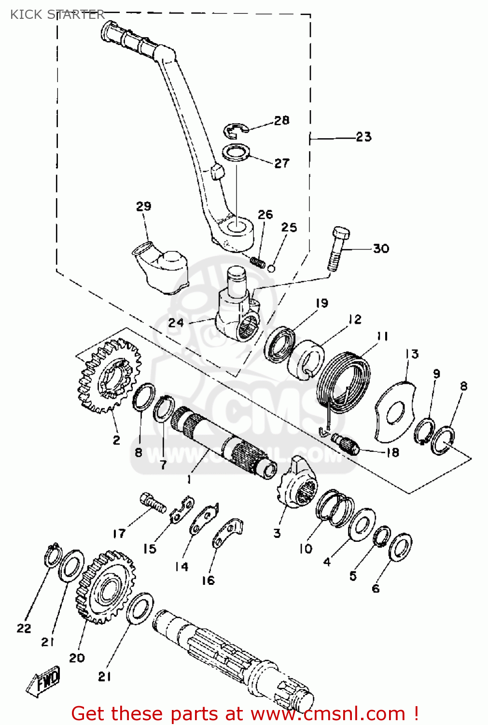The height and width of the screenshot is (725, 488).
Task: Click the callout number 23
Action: coord(364,137)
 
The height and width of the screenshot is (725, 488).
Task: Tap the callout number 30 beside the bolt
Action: coord(381,248)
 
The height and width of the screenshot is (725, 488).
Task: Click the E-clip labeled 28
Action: coord(235,130)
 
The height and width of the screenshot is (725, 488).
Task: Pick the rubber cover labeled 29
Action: coord(160,270)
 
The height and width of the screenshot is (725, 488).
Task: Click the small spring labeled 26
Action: coord(258,261)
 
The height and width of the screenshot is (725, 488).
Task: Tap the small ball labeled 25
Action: coord(271,268)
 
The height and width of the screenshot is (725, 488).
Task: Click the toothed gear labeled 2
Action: coord(110,376)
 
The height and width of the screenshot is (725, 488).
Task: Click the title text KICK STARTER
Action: coord(57,14)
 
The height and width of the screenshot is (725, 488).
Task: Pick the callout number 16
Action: coord(208,580)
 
